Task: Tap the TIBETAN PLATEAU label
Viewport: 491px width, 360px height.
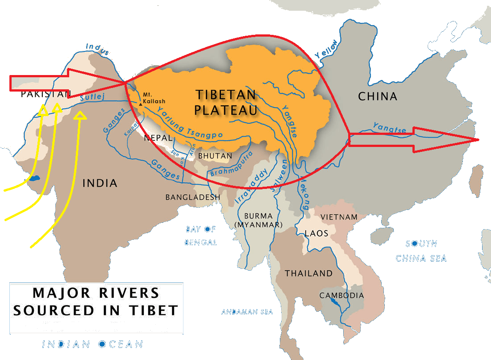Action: tap(226, 102)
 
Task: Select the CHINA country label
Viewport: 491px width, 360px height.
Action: tap(377, 96)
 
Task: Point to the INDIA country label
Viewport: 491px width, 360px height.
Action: tap(100, 183)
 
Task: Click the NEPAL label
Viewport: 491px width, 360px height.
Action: tap(157, 138)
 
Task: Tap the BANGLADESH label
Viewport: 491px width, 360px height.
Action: tap(193, 197)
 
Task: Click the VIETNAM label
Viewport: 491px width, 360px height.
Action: tap(339, 217)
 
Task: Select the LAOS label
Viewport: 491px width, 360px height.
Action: tap(316, 233)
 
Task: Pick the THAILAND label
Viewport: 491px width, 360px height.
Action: tap(309, 273)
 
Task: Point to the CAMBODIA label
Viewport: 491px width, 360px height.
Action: tap(341, 295)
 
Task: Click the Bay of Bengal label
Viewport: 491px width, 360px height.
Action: tap(201, 236)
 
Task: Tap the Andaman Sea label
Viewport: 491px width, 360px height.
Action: tap(247, 312)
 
